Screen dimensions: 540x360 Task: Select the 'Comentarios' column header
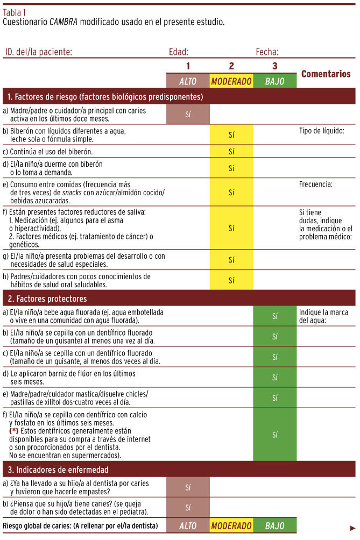pyautogui.click(x=326, y=74)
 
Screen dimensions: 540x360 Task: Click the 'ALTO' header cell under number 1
pyautogui.click(x=188, y=81)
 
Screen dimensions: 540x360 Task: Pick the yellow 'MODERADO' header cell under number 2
pyautogui.click(x=231, y=81)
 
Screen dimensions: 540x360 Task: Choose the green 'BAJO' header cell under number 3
pyautogui.click(x=274, y=81)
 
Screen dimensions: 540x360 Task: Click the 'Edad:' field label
pyautogui.click(x=179, y=52)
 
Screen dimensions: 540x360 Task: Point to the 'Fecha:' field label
pyautogui.click(x=267, y=52)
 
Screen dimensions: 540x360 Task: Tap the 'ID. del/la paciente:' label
pyautogui.click(x=38, y=52)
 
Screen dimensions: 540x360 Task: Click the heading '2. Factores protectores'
pyautogui.click(x=47, y=299)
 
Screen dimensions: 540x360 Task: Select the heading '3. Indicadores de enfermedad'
pyautogui.click(x=58, y=469)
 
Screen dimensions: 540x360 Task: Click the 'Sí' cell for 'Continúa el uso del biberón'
pyautogui.click(x=231, y=151)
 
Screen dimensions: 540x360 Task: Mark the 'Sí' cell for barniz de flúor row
pyautogui.click(x=274, y=377)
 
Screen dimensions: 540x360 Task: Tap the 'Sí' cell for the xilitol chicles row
pyautogui.click(x=274, y=397)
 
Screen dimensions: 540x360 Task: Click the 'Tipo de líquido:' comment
pyautogui.click(x=321, y=131)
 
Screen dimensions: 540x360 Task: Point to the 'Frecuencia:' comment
pyautogui.click(x=316, y=184)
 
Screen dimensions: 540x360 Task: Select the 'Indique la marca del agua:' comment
pyautogui.click(x=323, y=316)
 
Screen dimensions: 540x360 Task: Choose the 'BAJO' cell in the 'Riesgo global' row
pyautogui.click(x=274, y=525)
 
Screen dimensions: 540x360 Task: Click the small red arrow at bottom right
pyautogui.click(x=352, y=528)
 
